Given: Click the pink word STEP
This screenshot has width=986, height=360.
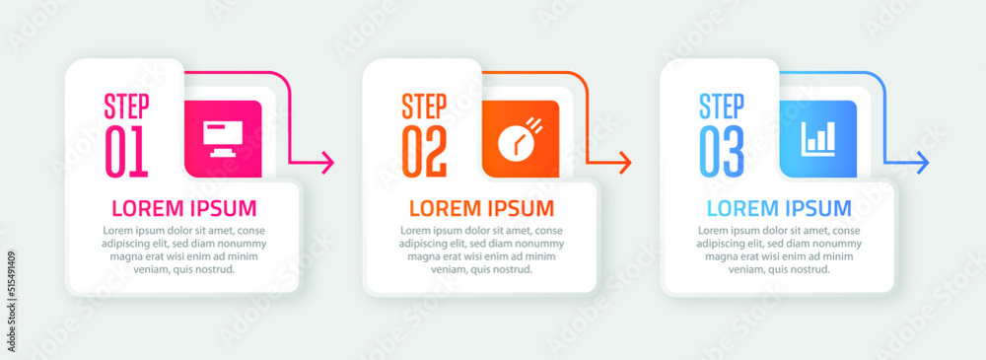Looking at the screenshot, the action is pos(126,107).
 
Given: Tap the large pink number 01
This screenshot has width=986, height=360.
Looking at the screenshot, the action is pos(126,152).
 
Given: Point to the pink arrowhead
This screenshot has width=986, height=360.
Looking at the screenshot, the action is pos(327,163).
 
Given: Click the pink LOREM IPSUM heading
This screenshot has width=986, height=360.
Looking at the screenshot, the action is pos(184,208).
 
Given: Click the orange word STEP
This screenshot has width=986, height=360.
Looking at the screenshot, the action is pos(424,107).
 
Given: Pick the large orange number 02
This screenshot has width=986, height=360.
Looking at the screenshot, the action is pos(424,152).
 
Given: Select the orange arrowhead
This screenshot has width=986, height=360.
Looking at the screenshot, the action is pos(625,163).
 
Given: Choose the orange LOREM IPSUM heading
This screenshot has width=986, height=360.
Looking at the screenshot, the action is pos(482,208).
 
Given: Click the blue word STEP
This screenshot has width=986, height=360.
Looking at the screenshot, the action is pos(722,107).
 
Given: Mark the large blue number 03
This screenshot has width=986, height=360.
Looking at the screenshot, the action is pos(722,152).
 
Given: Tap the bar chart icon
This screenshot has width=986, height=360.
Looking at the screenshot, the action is pos(818,138).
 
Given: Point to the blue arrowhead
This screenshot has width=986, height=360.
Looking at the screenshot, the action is pos(923,163).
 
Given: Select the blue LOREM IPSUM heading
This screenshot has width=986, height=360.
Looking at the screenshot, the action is pos(779,208).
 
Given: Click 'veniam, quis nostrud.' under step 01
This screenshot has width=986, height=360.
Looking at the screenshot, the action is pos(184,270).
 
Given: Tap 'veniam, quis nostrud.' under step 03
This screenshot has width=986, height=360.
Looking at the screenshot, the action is pos(779,270).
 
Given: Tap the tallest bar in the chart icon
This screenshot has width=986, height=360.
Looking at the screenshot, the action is pos(830,136).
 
